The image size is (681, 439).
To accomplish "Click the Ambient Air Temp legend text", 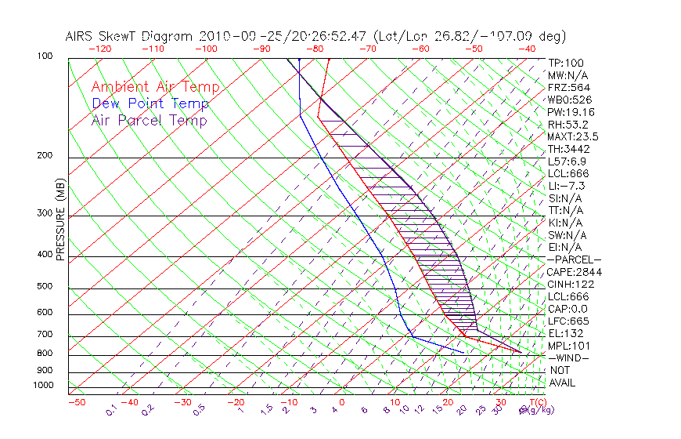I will click(155, 87).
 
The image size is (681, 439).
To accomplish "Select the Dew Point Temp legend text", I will click(150, 103).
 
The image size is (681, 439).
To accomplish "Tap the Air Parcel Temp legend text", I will click(149, 120).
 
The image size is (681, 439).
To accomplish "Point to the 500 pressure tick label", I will click(45, 288).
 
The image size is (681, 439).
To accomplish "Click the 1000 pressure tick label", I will click(42, 386).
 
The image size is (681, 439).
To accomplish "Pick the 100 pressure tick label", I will click(45, 56).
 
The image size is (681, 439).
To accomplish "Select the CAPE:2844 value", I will click(574, 272).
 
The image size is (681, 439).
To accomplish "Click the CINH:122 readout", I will click(571, 284).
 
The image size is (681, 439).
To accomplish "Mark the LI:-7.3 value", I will click(567, 186).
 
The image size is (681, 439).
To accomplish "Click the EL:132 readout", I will click(565, 333).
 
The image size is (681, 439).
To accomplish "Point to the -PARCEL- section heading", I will click(574, 259).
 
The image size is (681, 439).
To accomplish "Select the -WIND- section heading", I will click(569, 357).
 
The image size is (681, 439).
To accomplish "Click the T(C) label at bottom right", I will click(533, 402).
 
